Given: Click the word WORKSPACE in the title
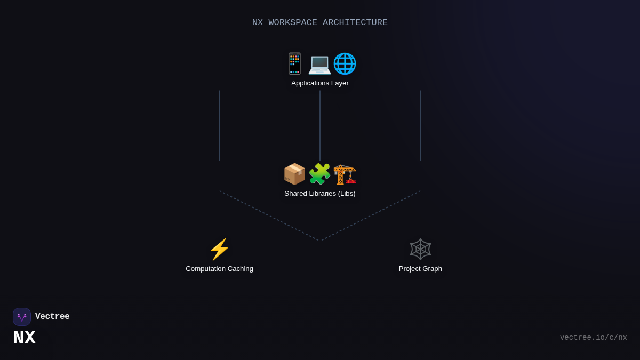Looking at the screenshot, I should [x=293, y=22].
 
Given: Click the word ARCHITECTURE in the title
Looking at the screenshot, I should [x=355, y=22].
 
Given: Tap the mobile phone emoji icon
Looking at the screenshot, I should [x=294, y=63].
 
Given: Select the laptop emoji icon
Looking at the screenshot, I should [x=319, y=64].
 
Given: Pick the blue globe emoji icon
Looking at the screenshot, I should [x=345, y=63].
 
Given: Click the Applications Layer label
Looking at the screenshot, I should [x=320, y=83].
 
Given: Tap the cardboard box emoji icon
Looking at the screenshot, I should [x=294, y=174].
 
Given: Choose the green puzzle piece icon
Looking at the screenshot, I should [x=319, y=174].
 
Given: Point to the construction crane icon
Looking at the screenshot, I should [x=345, y=174].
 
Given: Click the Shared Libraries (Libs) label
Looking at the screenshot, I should [x=320, y=194].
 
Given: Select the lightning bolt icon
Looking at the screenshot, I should [x=219, y=249].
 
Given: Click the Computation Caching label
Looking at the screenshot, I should [x=219, y=269].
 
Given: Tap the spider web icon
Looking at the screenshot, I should [x=420, y=249].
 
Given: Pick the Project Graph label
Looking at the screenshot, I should [x=420, y=269].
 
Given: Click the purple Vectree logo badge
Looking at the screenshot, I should [x=22, y=317].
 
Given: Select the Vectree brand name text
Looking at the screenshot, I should [x=52, y=317].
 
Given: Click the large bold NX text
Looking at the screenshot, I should [x=24, y=338].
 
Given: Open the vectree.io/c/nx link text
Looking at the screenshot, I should [x=593, y=338].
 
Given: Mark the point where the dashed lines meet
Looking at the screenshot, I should [x=320, y=241].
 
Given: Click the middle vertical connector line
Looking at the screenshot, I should [x=320, y=125].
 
